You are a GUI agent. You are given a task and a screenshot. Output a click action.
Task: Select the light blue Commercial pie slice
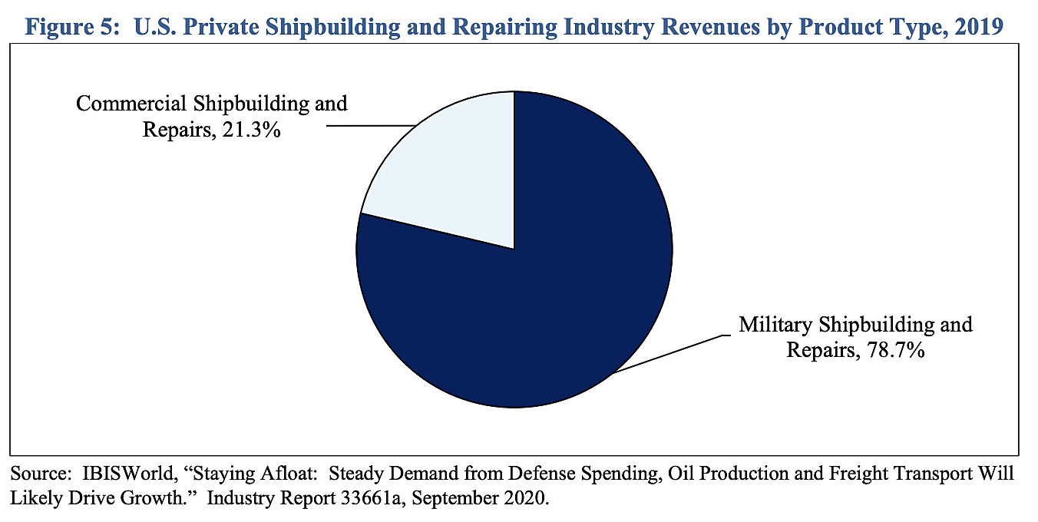click(453, 177)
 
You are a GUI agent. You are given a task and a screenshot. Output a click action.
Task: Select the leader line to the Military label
click(668, 354)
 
